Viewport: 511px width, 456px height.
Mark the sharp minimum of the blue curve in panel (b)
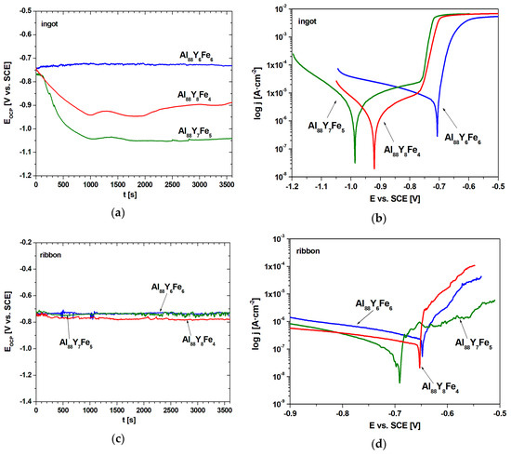click(437, 136)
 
